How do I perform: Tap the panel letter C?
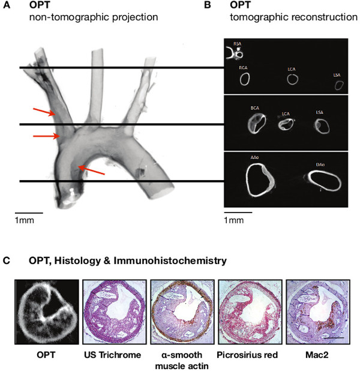click(x=6, y=261)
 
